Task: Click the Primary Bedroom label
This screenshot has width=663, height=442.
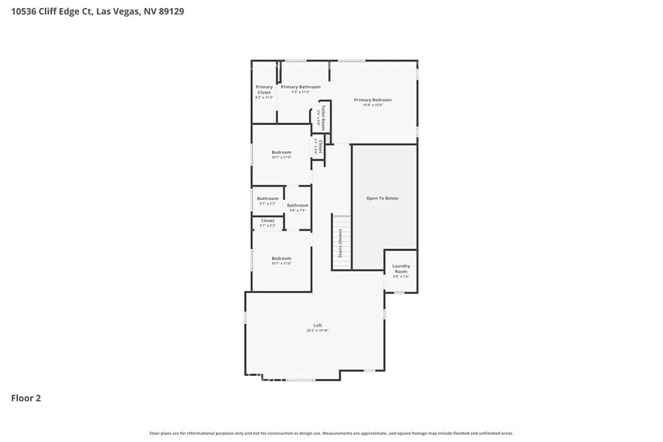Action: pyautogui.click(x=373, y=100)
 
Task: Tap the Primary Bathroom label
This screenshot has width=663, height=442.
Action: pyautogui.click(x=301, y=87)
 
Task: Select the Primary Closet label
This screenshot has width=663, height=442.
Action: pyautogui.click(x=264, y=89)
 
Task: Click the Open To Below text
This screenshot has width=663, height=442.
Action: pyautogui.click(x=382, y=198)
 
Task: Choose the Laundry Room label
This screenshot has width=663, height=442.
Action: pyautogui.click(x=401, y=268)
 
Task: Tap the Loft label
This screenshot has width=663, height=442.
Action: pyautogui.click(x=317, y=325)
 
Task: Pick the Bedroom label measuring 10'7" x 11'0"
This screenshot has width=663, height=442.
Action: pyautogui.click(x=281, y=153)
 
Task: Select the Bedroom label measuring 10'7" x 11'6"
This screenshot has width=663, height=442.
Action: pyautogui.click(x=281, y=259)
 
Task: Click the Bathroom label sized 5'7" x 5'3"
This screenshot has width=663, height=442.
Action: pyautogui.click(x=268, y=198)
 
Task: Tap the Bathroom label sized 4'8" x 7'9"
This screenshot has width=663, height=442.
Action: pyautogui.click(x=298, y=205)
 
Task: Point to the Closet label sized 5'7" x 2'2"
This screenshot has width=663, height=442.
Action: pyautogui.click(x=268, y=220)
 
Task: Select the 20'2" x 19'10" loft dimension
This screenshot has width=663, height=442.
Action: pyautogui.click(x=317, y=330)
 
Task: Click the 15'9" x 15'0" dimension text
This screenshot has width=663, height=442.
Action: pyautogui.click(x=373, y=105)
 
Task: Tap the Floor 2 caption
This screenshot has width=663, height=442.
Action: pyautogui.click(x=26, y=398)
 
